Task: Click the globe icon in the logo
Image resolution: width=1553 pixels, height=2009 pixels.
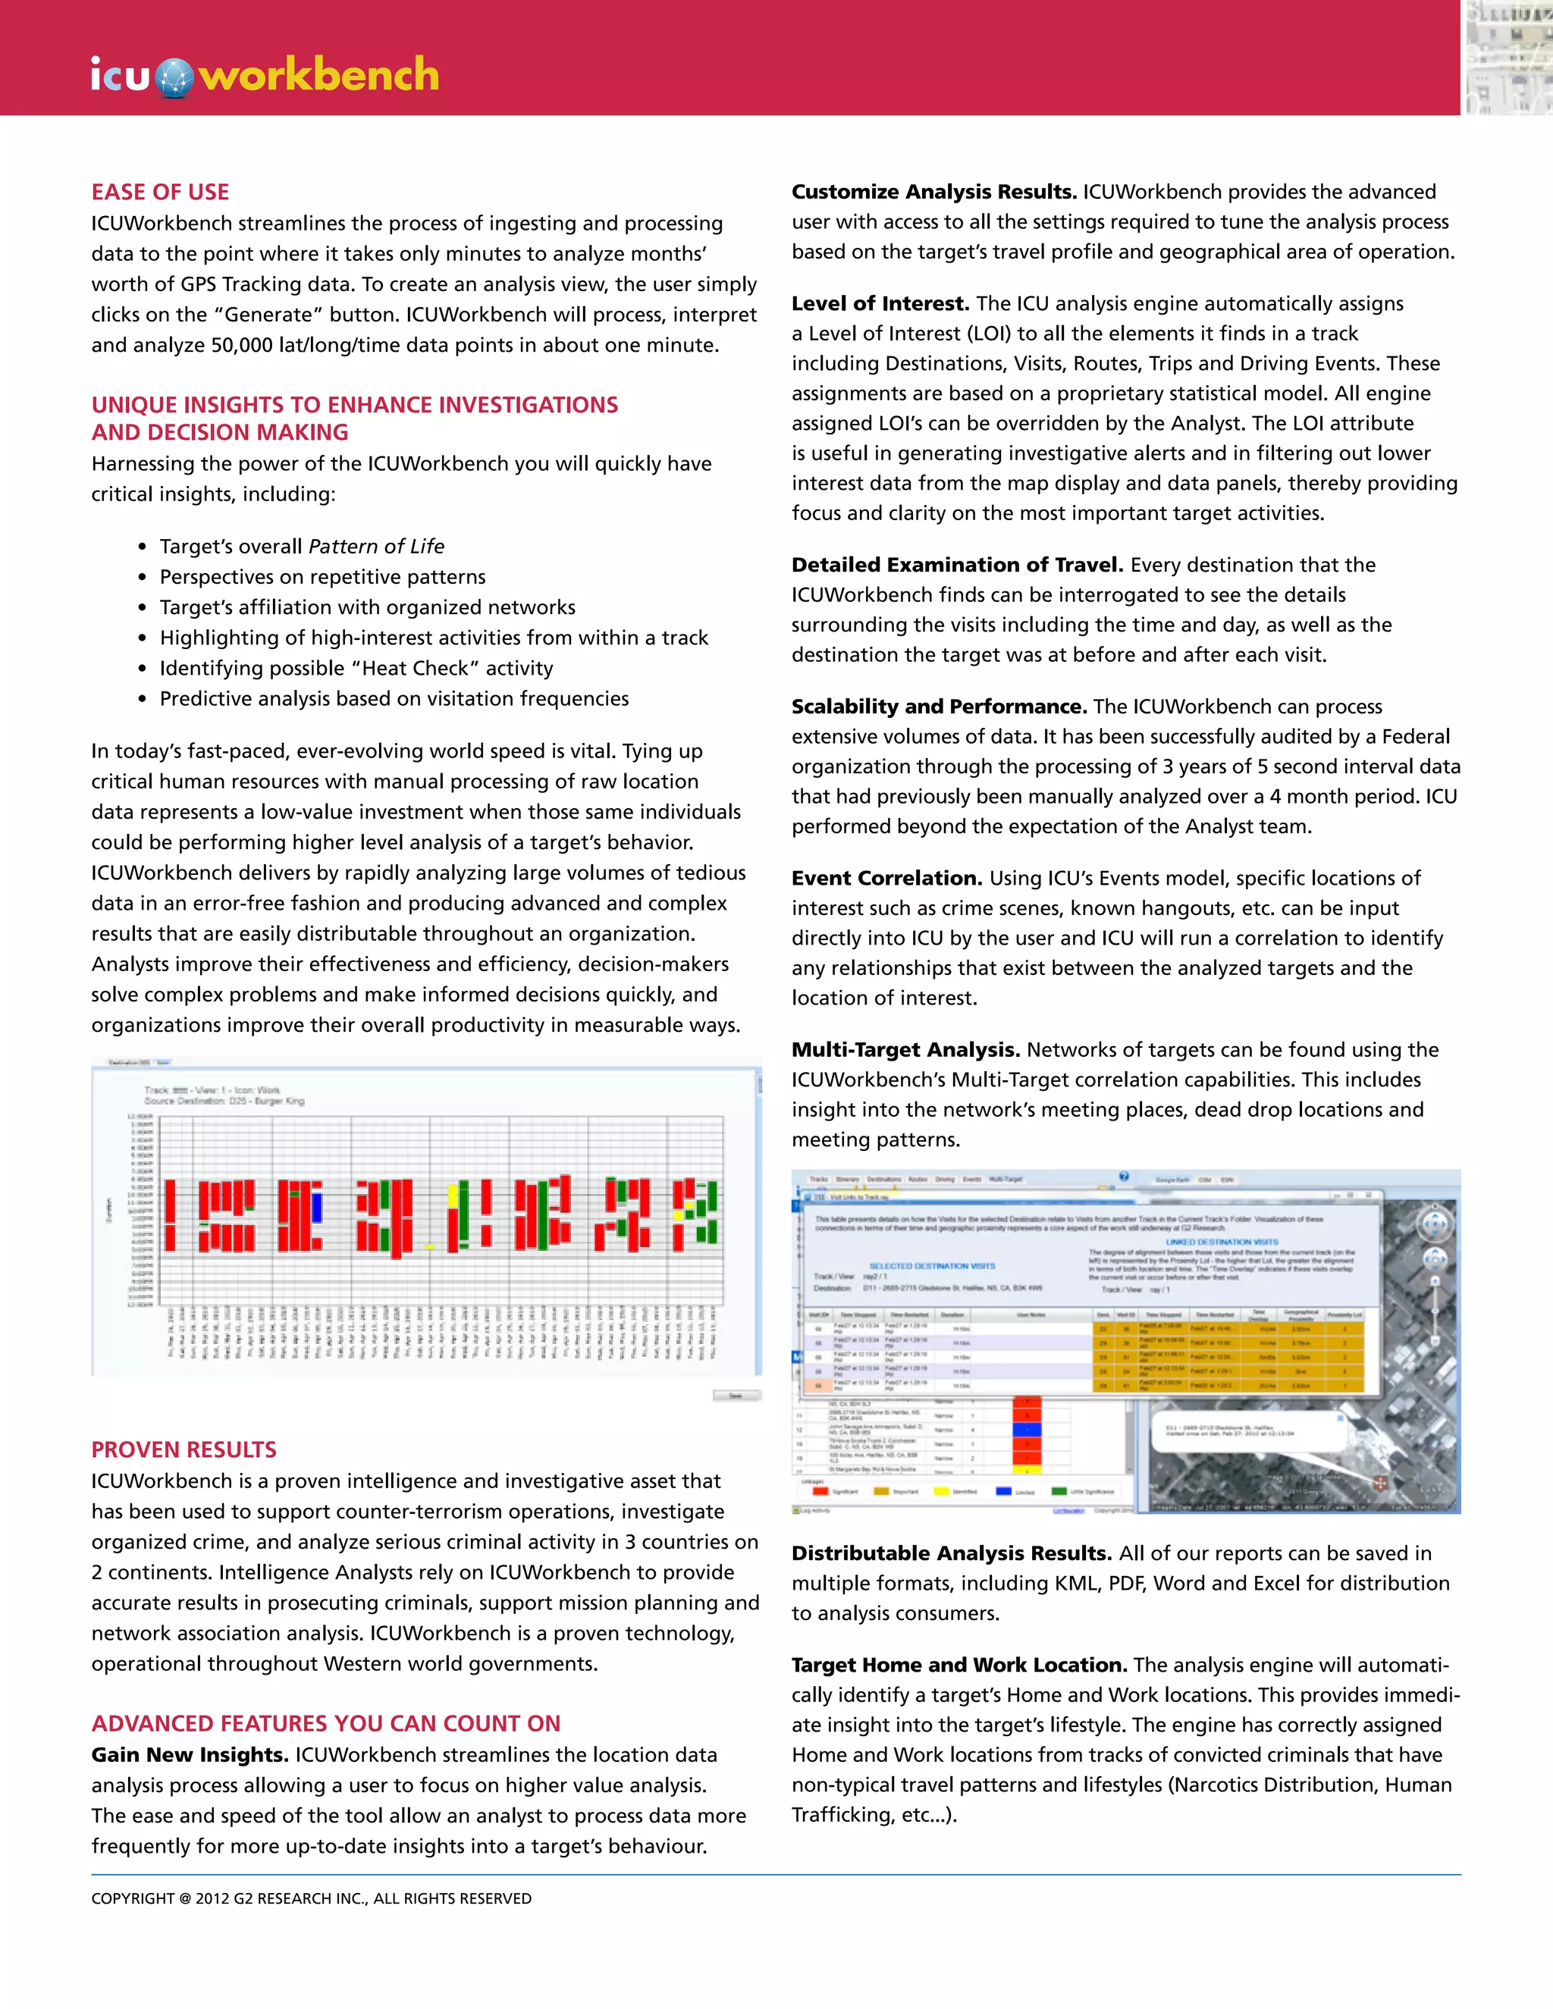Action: (174, 77)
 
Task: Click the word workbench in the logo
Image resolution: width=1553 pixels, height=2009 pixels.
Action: (319, 74)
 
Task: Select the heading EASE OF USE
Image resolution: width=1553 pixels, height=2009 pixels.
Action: (160, 193)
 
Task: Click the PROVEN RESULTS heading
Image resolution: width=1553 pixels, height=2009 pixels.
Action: (184, 1450)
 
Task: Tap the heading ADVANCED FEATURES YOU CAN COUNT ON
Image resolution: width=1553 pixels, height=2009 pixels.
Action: (325, 1724)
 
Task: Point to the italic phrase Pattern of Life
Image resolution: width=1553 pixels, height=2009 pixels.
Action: (376, 547)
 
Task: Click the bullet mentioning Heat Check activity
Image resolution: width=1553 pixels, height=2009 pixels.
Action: (356, 669)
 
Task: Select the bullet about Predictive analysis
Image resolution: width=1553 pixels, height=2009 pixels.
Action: (394, 699)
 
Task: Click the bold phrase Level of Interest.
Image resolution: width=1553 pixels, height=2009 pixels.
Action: (880, 303)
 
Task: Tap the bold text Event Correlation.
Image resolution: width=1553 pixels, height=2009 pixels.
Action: (887, 879)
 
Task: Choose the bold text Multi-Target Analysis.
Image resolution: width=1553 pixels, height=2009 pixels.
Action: (905, 1051)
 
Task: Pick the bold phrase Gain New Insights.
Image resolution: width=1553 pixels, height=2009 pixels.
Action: (190, 1755)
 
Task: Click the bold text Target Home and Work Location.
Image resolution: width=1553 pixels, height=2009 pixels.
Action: (959, 1665)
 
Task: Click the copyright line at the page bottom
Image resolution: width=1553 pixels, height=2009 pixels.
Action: (311, 1898)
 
